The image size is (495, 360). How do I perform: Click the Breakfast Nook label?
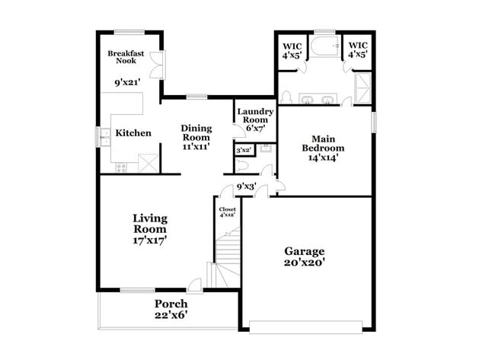pyautogui.click(x=126, y=57)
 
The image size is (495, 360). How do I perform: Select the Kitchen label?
pyautogui.click(x=133, y=133)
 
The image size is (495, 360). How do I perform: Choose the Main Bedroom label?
pyautogui.click(x=323, y=143)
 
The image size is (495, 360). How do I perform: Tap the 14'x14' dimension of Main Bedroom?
pyautogui.click(x=323, y=158)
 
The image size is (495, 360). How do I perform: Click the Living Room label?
pyautogui.click(x=150, y=224)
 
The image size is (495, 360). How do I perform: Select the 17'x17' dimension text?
pyautogui.click(x=150, y=240)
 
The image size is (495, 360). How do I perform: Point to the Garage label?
pyautogui.click(x=305, y=251)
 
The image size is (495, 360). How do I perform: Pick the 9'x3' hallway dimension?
pyautogui.click(x=245, y=186)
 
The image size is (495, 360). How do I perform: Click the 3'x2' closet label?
pyautogui.click(x=244, y=151)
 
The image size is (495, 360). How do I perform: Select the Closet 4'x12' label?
pyautogui.click(x=227, y=212)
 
